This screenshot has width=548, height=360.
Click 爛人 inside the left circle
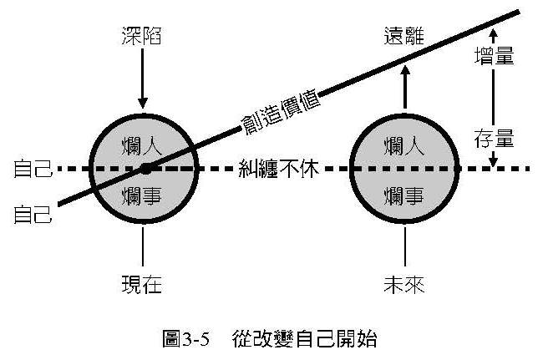click(x=143, y=144)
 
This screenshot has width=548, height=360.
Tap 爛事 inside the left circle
click(x=143, y=196)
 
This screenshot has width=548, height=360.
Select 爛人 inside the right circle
click(x=406, y=144)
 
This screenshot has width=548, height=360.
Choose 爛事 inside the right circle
click(x=406, y=196)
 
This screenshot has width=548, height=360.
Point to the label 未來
click(x=405, y=284)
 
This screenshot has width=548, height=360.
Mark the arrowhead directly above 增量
click(x=493, y=34)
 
